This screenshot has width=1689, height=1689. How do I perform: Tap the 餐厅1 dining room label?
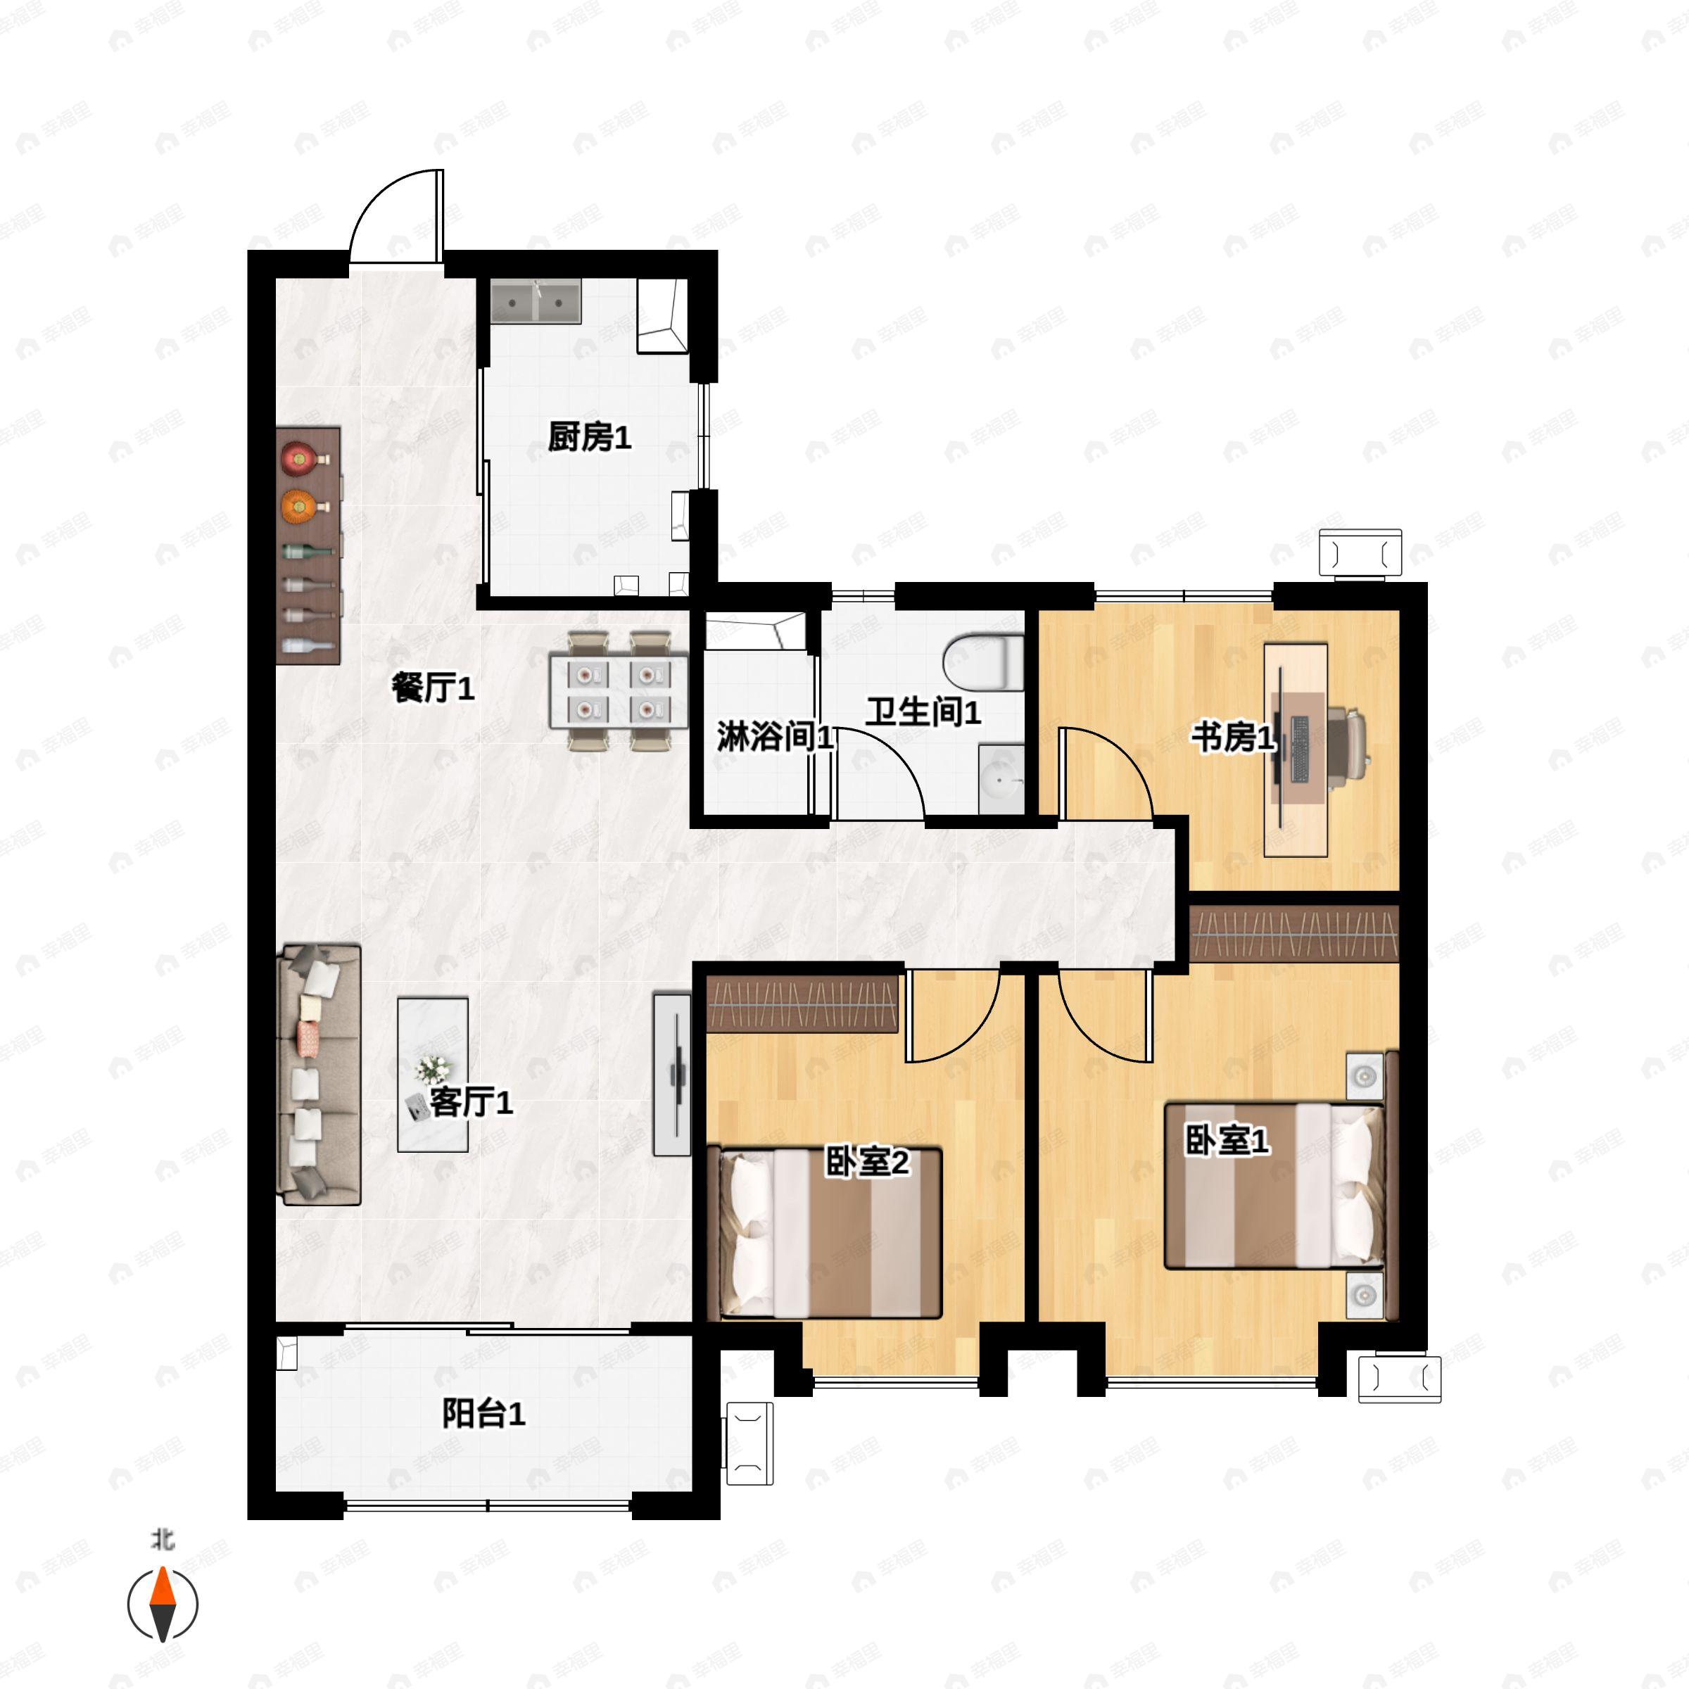point(433,689)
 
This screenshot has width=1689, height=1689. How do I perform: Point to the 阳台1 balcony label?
point(483,1414)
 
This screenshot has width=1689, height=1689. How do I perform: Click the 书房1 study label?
point(1233,738)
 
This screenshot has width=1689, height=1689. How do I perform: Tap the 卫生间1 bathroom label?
point(923,712)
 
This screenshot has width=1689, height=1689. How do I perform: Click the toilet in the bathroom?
point(985,662)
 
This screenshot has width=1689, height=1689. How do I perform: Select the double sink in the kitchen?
point(536,303)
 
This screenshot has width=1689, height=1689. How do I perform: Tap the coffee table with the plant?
point(433,1075)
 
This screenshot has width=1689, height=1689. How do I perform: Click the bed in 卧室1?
point(1275,1185)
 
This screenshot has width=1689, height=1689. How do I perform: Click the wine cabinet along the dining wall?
point(308,546)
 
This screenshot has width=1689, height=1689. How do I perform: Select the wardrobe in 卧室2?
point(802,1004)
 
